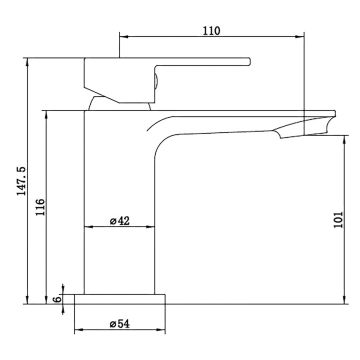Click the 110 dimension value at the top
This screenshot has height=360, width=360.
(x=209, y=31)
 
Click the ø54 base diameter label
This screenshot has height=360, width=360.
(x=118, y=322)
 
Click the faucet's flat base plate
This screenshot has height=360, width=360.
(x=120, y=298)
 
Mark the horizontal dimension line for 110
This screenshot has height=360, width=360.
(x=209, y=39)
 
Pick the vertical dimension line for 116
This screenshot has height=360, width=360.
(x=47, y=204)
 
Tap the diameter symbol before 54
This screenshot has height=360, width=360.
(x=109, y=322)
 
